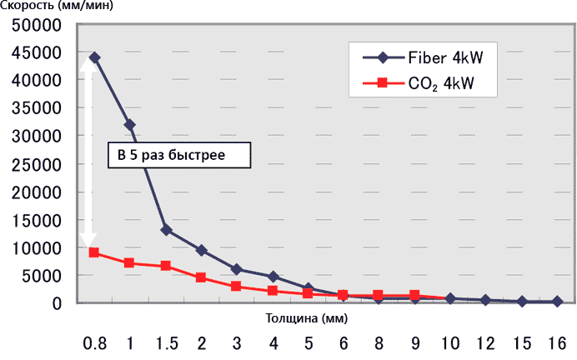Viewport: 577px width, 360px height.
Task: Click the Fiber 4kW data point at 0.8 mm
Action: pos(94,57)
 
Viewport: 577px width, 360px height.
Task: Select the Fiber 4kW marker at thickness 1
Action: pos(129,125)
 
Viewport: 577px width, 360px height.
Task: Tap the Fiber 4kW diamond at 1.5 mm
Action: pos(165,230)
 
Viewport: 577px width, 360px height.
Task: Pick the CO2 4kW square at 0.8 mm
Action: pos(94,252)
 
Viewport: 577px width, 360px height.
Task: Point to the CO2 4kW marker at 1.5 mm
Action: pos(165,266)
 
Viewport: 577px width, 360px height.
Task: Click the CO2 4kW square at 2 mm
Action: pos(201,277)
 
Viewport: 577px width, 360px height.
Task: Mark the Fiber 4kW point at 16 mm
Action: pos(557,302)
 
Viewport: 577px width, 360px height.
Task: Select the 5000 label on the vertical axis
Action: pos(44,276)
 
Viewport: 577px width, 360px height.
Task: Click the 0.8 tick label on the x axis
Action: pos(94,343)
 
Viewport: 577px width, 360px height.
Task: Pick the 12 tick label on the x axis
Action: pos(486,343)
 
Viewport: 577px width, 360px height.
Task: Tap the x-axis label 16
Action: pos(557,343)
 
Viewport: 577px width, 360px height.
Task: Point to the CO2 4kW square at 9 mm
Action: pos(414,295)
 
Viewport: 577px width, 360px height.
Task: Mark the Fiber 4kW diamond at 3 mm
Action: pos(236,269)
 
